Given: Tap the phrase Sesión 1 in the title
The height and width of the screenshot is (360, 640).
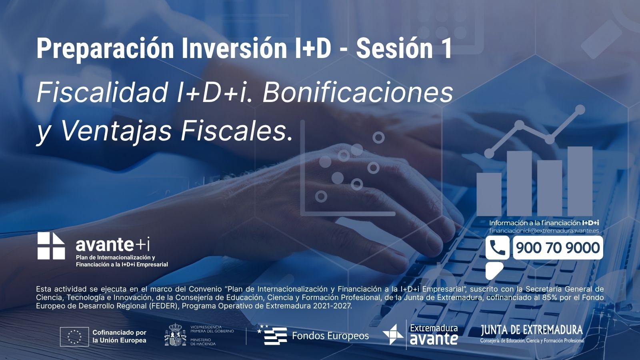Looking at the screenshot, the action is pos(404,48).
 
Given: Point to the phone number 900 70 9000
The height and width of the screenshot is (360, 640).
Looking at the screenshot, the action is pos(558,248).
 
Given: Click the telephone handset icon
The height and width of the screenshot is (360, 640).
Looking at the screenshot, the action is pos(497,248).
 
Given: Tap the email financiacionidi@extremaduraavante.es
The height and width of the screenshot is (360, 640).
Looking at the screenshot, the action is pos(544,230).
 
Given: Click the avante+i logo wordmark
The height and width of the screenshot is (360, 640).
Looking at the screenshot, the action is pos(112,244).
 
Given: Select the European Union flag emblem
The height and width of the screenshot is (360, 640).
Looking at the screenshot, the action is pos(74,336).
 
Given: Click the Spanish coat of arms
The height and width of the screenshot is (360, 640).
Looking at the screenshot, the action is pos(175,334).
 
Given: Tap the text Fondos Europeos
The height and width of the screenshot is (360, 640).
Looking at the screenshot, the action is pos(330,336).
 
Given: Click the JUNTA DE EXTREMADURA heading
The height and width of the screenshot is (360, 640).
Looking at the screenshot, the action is pos(532,330).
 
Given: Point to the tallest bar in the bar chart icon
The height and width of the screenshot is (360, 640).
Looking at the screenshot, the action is pos(580,181).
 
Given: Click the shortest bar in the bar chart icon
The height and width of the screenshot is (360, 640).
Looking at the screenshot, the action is pos(489,194).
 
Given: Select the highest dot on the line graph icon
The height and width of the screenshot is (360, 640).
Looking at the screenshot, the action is pos(580,110).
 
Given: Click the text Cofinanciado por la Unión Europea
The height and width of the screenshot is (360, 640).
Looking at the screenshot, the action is pos(120,336).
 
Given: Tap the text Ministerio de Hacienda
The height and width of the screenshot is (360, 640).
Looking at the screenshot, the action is pos(203,342).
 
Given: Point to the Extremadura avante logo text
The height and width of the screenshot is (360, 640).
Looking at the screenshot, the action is pos(434,335).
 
